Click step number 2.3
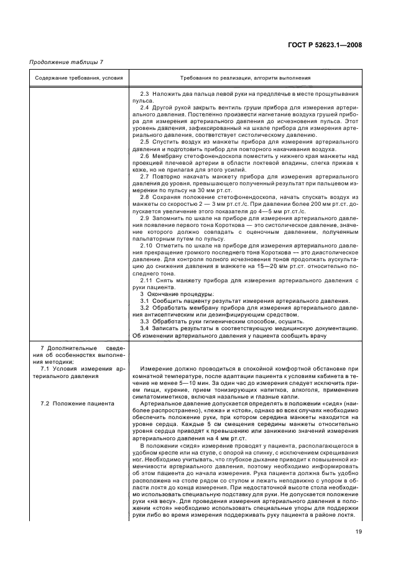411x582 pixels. coord(145,93)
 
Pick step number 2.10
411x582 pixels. coord(147,246)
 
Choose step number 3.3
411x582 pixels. coord(145,321)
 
